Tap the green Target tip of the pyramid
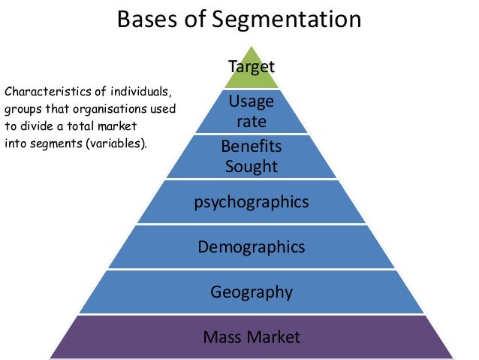coord(252,68)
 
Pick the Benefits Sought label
coord(252,156)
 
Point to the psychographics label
coord(252,202)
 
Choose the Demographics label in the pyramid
coord(252,247)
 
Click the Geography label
coord(252,292)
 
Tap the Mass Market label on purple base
coord(252,336)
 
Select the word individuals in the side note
coord(142,93)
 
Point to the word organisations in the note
coord(113,110)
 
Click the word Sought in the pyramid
coord(252,165)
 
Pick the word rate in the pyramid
coord(252,120)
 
